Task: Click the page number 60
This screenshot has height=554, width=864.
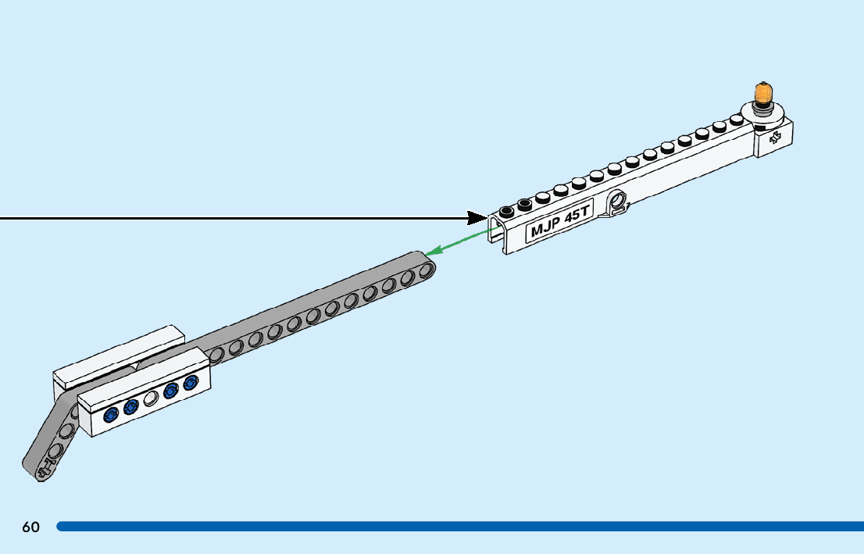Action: pos(30,527)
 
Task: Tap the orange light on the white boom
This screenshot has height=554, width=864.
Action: pos(762,91)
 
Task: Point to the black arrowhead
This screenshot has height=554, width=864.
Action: pos(476,217)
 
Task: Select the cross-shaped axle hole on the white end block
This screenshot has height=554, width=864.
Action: pos(774,139)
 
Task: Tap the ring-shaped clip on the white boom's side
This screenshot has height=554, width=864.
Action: pos(618,202)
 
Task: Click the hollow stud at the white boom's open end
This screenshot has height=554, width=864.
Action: pos(507,211)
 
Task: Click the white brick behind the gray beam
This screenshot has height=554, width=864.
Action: pos(117,356)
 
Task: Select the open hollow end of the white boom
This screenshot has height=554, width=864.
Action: pos(495,230)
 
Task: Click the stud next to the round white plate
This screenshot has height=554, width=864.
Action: pos(735,120)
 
